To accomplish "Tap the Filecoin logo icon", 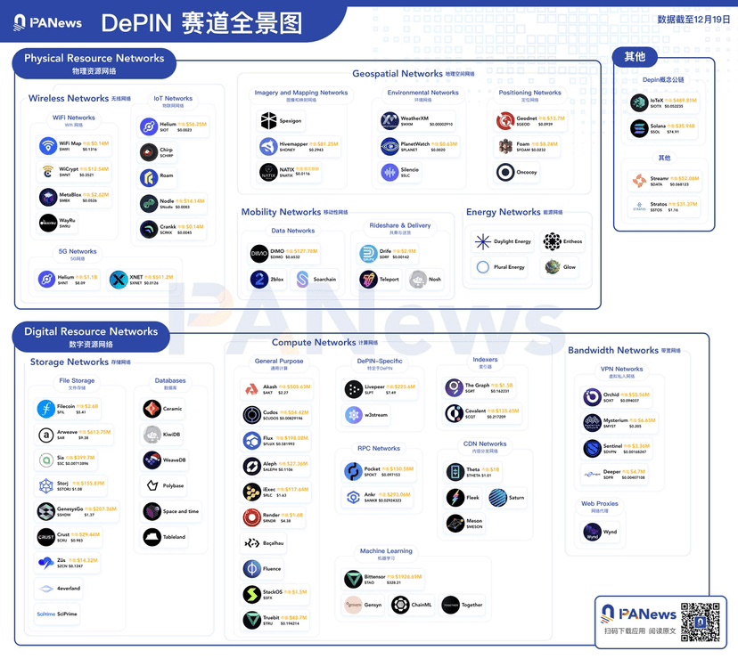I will [x=45, y=409].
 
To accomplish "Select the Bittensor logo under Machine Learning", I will [x=353, y=579].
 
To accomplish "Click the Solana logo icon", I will [x=639, y=129].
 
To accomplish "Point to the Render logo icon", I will [x=251, y=517].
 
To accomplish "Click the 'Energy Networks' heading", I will [x=504, y=212].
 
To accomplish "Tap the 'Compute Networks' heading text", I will [x=314, y=342].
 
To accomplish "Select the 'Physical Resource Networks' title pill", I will [x=94, y=62].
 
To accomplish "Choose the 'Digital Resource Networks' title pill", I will [x=91, y=336].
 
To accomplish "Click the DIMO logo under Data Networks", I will [x=259, y=254].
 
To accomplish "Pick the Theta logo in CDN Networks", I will [x=455, y=472].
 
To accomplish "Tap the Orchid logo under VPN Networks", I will [x=593, y=397].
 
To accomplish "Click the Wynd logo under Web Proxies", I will [x=592, y=533].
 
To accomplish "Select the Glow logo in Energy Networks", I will [x=553, y=266].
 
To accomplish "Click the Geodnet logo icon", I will [x=506, y=120].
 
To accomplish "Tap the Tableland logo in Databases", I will [x=152, y=537].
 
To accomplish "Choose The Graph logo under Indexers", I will [x=454, y=388].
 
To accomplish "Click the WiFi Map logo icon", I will [x=47, y=146].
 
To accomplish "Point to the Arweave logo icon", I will [x=45, y=435].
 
